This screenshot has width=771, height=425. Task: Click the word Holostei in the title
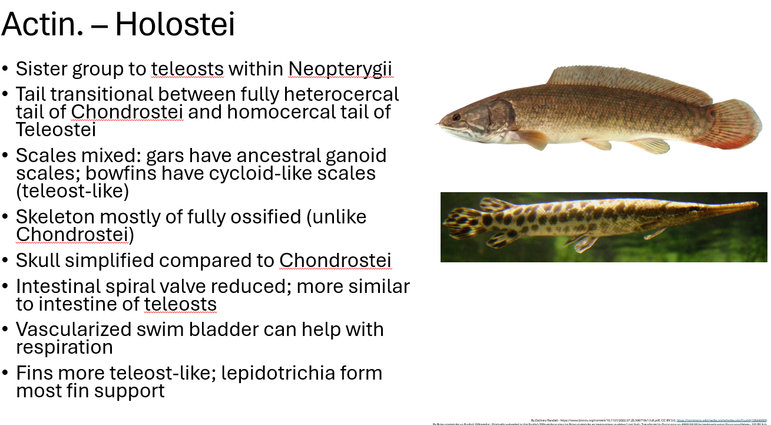point(175,25)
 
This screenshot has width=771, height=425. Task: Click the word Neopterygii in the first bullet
point(340,69)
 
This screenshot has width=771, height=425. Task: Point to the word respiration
point(64,347)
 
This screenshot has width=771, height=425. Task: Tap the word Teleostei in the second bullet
point(55,130)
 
